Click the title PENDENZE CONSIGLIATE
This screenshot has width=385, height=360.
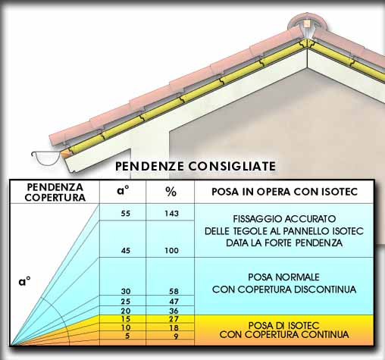tap(196, 166)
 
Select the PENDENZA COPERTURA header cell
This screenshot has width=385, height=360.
tap(55, 193)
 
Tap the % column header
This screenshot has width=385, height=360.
tap(171, 192)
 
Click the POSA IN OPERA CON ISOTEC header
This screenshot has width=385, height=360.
tap(284, 192)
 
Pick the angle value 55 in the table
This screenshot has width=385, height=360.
tap(125, 214)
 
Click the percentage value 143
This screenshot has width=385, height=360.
tap(171, 214)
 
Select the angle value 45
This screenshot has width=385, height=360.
tap(125, 250)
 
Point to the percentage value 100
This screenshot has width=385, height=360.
tap(171, 250)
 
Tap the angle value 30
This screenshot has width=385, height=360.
tap(125, 291)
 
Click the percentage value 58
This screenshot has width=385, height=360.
tap(174, 291)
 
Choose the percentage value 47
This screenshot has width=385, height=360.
tap(174, 302)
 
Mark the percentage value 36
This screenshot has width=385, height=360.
tap(174, 311)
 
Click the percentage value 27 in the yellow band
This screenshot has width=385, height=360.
tap(174, 319)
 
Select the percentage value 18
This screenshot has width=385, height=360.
tap(174, 327)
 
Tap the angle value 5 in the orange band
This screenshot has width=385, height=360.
tap(127, 336)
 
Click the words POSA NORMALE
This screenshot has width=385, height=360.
tap(283, 277)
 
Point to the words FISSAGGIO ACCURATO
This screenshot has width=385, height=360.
tap(284, 219)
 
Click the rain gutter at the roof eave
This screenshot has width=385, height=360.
tap(46, 158)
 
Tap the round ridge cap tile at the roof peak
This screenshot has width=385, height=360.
tap(307, 25)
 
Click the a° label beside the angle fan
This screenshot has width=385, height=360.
tap(24, 281)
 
